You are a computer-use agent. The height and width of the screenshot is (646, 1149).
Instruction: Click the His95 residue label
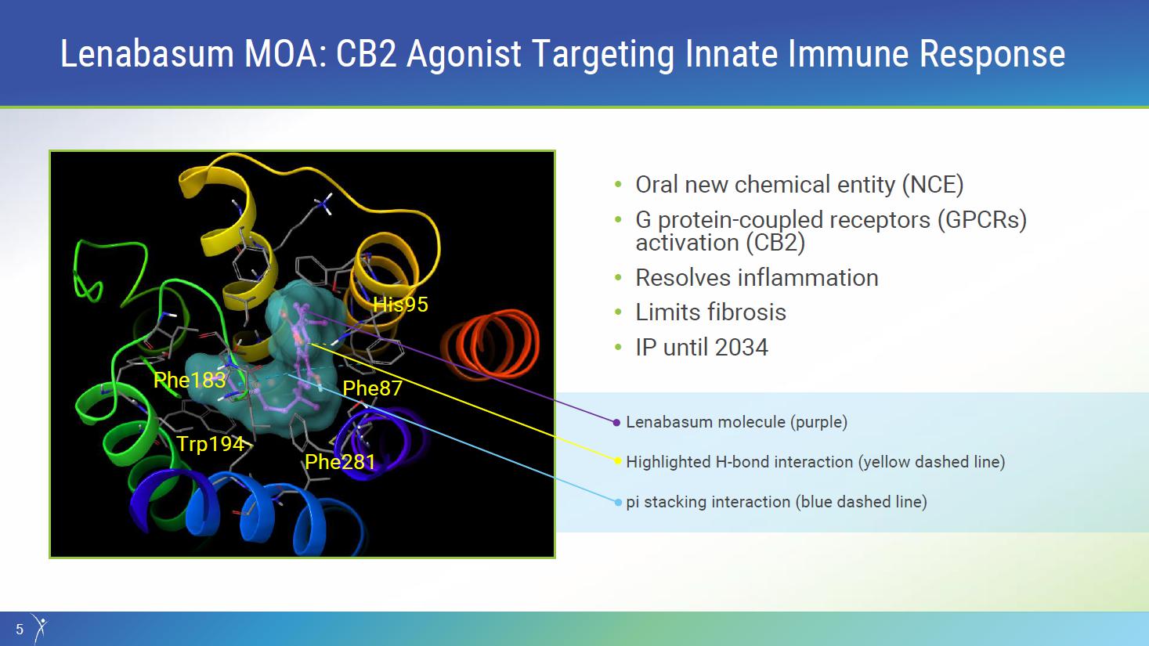click(400, 305)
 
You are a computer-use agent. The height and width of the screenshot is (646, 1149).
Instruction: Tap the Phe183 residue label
click(190, 381)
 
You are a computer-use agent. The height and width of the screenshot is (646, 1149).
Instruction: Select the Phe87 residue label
click(372, 388)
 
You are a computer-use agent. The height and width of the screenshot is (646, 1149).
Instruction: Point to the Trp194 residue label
click(211, 444)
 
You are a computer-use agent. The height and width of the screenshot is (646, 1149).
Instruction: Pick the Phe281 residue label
click(340, 462)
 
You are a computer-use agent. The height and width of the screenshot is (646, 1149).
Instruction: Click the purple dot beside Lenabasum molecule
click(616, 423)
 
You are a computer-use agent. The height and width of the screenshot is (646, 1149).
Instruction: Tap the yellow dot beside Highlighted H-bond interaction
click(618, 461)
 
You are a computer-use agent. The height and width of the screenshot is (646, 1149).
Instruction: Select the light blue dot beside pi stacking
click(618, 503)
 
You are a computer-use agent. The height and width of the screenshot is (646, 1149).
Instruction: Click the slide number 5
click(20, 629)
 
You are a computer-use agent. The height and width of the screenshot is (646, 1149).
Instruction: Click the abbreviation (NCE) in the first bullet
click(933, 185)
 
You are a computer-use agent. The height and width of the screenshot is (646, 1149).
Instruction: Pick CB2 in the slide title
click(367, 54)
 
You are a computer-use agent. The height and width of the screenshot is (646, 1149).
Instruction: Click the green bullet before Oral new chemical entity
click(618, 185)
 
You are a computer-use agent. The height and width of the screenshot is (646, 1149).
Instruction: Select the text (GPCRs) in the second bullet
click(982, 220)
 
